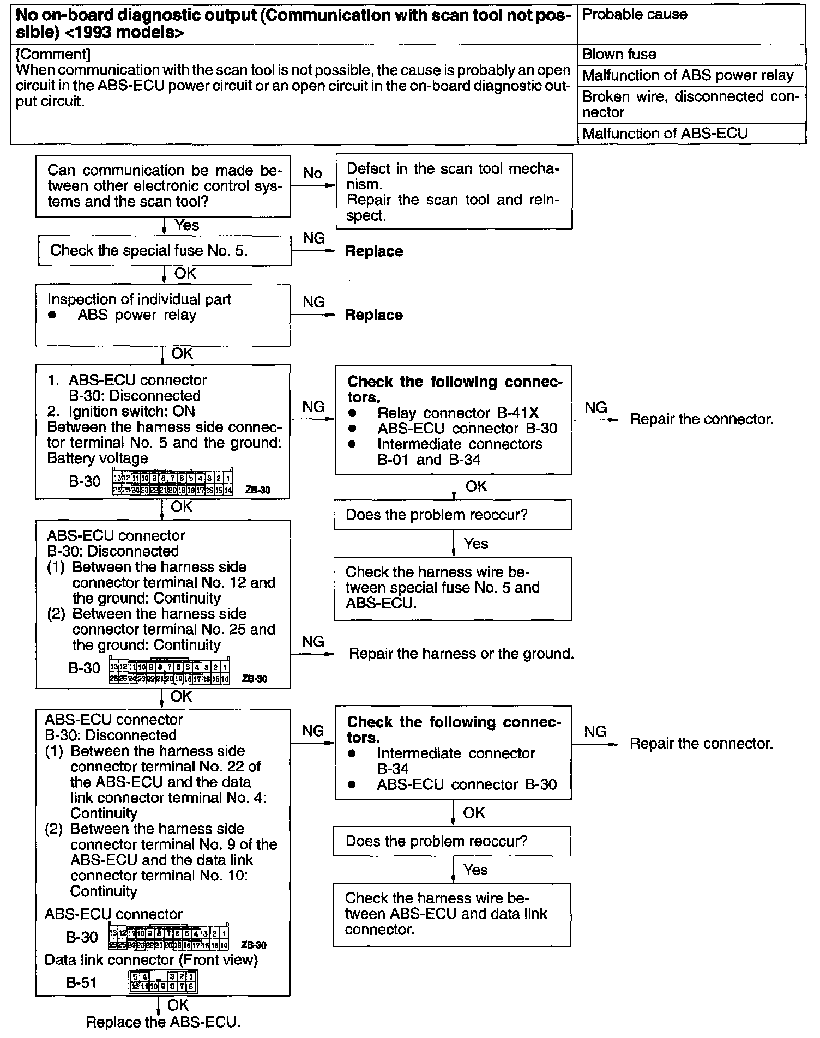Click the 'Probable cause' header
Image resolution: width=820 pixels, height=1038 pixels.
[x=635, y=15]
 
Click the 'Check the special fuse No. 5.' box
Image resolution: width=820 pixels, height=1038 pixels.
[x=164, y=251]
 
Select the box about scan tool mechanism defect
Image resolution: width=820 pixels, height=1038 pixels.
[x=453, y=191]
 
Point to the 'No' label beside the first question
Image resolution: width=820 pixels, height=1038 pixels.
[x=312, y=173]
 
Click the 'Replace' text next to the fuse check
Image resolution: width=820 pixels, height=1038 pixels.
[x=374, y=251]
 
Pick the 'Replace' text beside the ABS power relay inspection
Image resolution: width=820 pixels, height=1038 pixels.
[x=374, y=315]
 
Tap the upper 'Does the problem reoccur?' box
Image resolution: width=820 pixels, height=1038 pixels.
[x=453, y=515]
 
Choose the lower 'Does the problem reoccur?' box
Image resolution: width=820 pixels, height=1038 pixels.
[x=452, y=841]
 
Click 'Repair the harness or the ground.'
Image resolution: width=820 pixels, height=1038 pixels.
[x=461, y=653]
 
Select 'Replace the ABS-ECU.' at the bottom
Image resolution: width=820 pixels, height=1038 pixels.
[x=164, y=1022]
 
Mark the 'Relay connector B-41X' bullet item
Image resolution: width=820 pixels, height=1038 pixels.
[x=458, y=413]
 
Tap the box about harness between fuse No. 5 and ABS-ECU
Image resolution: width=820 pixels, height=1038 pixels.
[x=453, y=588]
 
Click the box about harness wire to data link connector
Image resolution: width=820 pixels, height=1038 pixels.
[x=452, y=914]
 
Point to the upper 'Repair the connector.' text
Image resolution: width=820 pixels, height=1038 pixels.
[x=702, y=419]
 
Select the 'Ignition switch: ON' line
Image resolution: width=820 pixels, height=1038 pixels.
[x=131, y=411]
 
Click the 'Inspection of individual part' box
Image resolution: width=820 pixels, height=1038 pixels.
[x=162, y=315]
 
